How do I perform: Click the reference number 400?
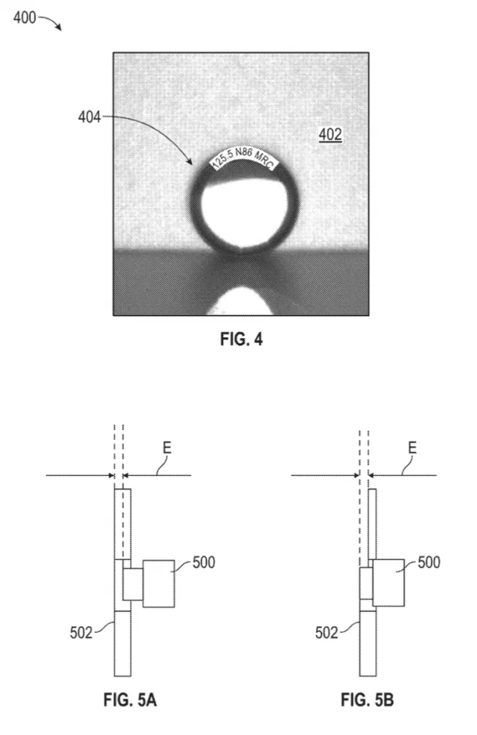(x=24, y=18)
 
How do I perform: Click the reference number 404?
(x=89, y=117)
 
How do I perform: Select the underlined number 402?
(x=331, y=134)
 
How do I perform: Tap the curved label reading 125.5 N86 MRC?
(x=243, y=159)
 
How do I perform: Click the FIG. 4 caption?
(x=241, y=339)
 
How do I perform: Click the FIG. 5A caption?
(x=130, y=700)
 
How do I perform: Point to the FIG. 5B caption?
(x=367, y=700)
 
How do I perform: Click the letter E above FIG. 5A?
(x=167, y=448)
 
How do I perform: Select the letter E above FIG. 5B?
(x=412, y=448)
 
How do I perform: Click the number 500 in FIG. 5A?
(x=204, y=562)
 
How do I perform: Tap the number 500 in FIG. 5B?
(x=429, y=562)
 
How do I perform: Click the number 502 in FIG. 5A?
(x=81, y=633)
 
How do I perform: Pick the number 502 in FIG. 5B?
(x=326, y=633)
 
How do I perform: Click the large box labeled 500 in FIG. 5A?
(x=159, y=584)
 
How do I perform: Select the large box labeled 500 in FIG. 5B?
(x=389, y=583)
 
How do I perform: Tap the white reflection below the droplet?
(x=240, y=302)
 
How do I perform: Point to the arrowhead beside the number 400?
(x=59, y=28)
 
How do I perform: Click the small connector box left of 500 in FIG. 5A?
(x=133, y=584)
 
